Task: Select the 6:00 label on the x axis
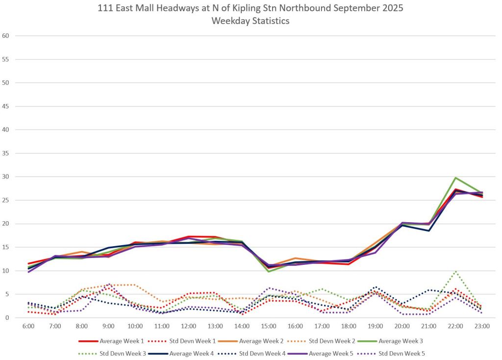(29, 325)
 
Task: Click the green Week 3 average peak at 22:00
(455, 178)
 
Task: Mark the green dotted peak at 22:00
(455, 271)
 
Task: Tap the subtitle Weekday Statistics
(251, 21)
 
